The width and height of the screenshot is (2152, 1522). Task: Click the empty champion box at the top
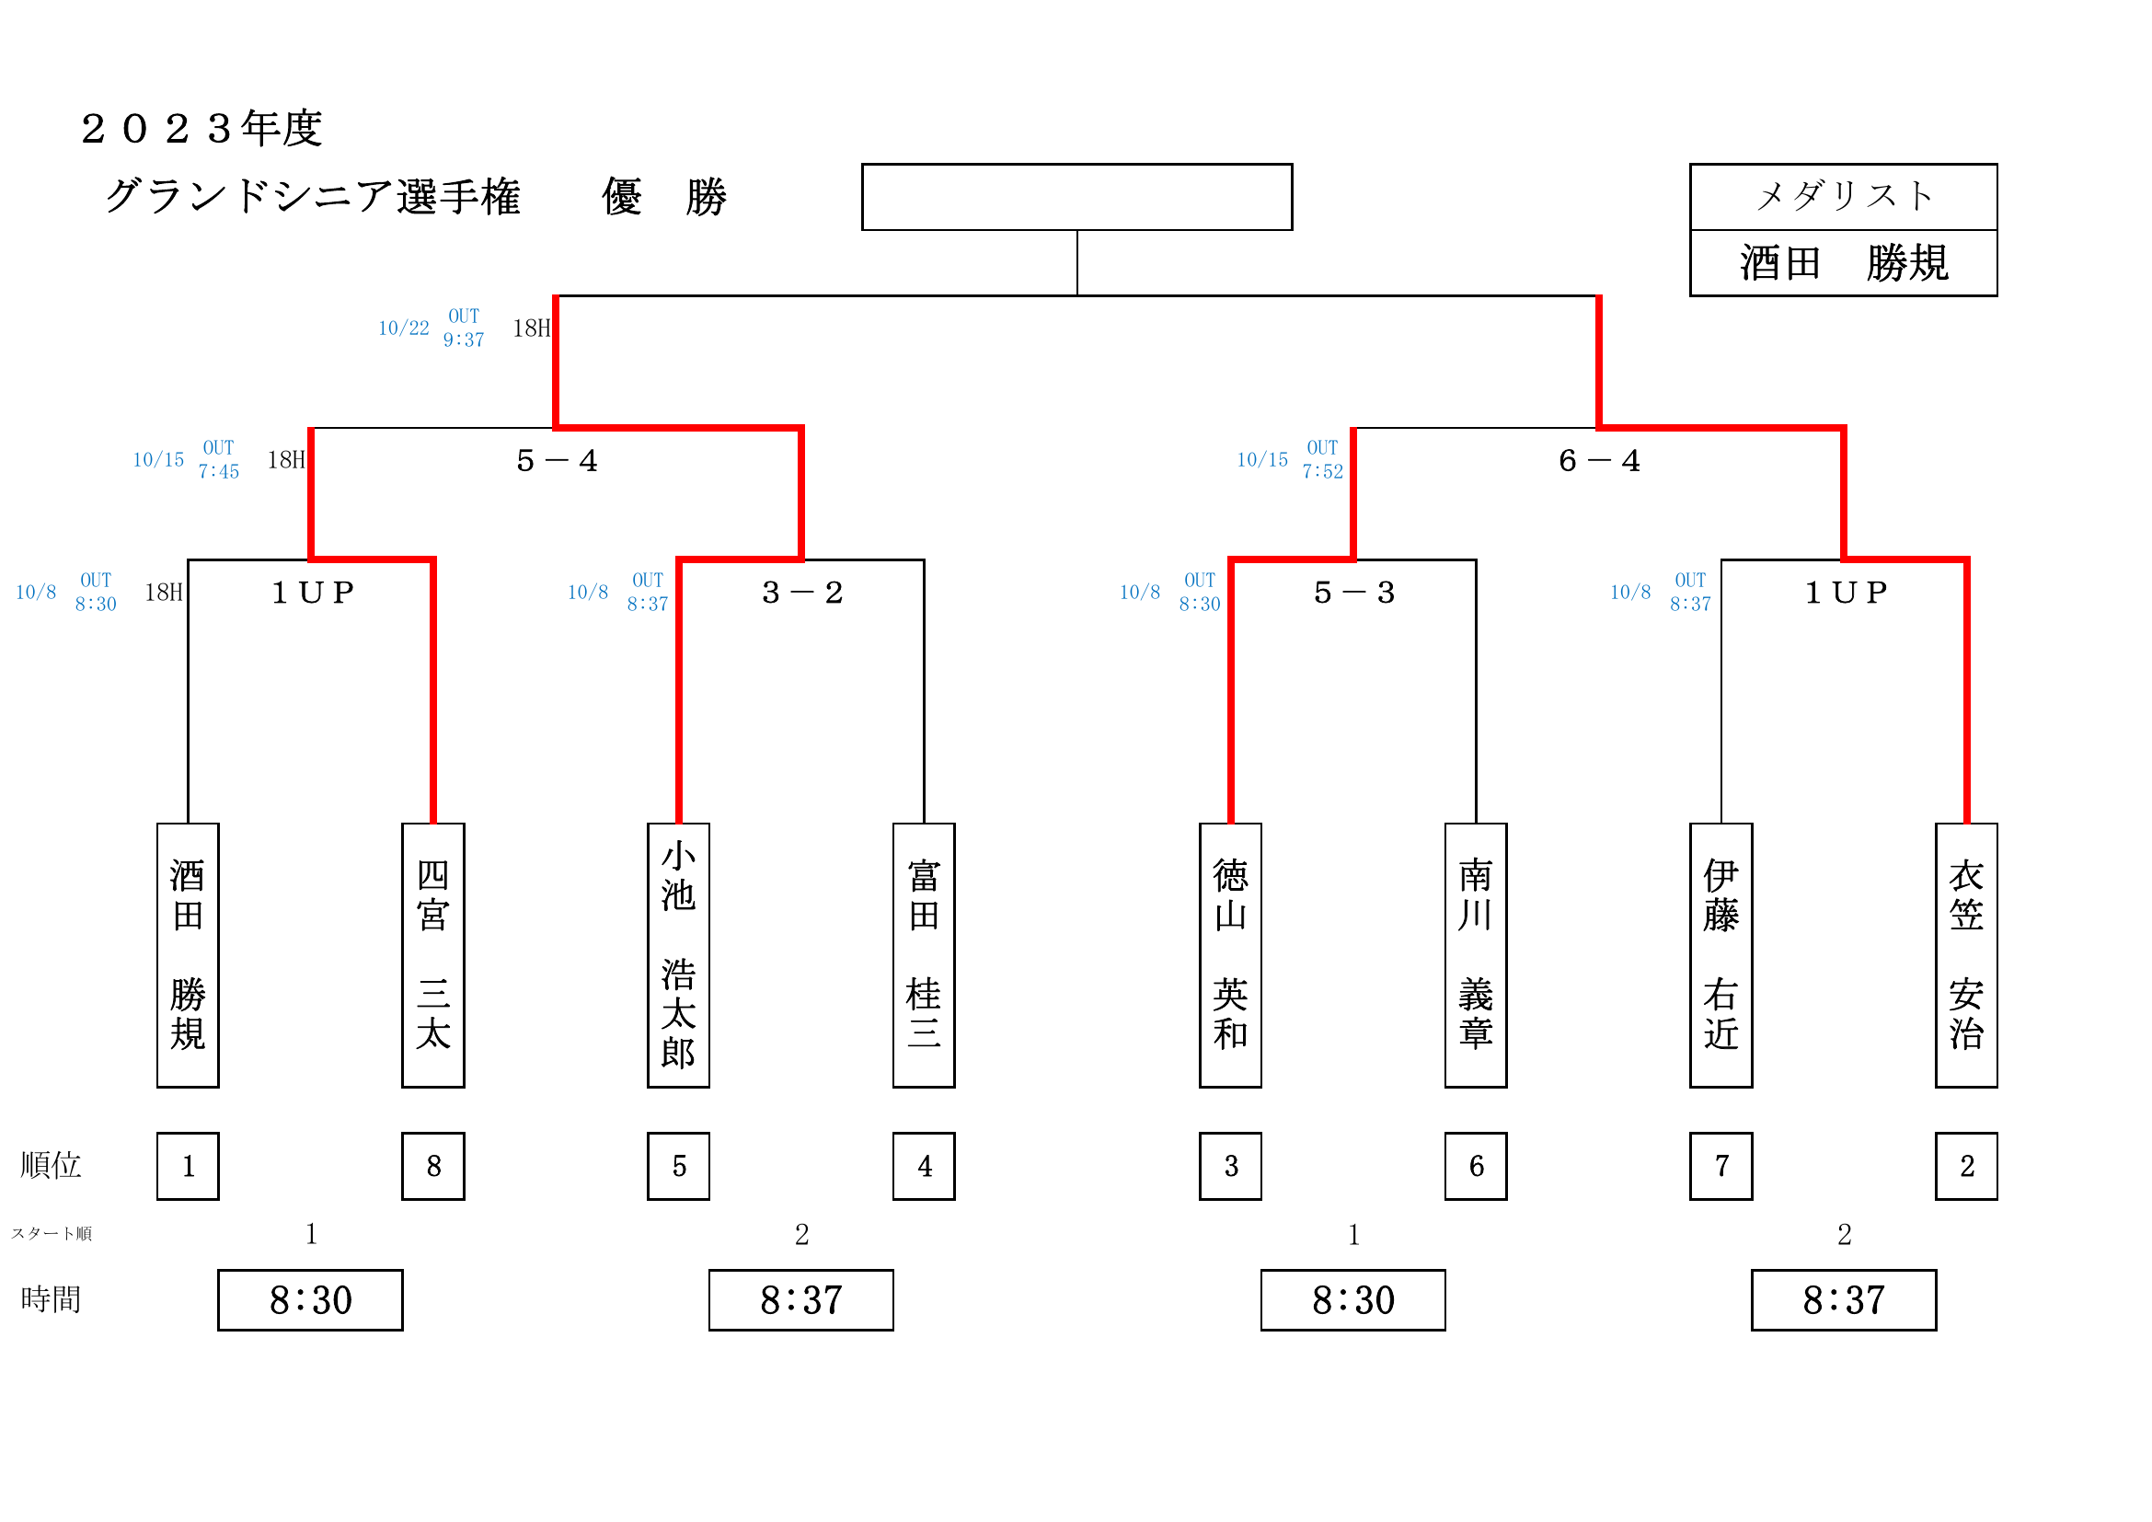click(x=1076, y=197)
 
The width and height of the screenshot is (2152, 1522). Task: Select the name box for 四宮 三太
click(x=433, y=955)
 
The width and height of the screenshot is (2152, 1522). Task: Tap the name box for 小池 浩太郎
click(x=678, y=955)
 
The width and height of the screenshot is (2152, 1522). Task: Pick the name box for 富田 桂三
click(x=923, y=955)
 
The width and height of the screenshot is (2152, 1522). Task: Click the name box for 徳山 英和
click(x=1230, y=955)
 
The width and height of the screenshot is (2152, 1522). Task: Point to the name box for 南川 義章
click(x=1475, y=955)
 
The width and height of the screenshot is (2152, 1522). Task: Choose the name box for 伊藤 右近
click(x=1720, y=955)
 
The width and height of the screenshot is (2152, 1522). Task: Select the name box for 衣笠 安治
click(x=1966, y=955)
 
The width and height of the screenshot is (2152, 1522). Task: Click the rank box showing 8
click(x=433, y=1166)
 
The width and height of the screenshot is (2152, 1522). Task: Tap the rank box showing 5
click(x=678, y=1166)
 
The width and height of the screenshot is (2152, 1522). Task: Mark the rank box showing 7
click(x=1720, y=1166)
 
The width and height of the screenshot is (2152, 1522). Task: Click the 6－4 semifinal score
click(x=1599, y=460)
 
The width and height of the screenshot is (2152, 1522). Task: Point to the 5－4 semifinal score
click(x=557, y=460)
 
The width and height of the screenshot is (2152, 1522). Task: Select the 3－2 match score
click(x=802, y=593)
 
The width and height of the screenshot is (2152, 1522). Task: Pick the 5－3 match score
click(x=1354, y=593)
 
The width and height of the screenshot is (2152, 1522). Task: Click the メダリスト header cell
click(x=1844, y=197)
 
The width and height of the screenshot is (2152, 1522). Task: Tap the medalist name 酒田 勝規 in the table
click(x=1844, y=263)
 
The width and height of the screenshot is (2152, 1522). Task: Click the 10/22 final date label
click(x=403, y=328)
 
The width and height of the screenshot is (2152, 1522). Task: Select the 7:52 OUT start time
click(x=1321, y=471)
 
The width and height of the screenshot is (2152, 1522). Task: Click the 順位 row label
click(x=51, y=1165)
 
